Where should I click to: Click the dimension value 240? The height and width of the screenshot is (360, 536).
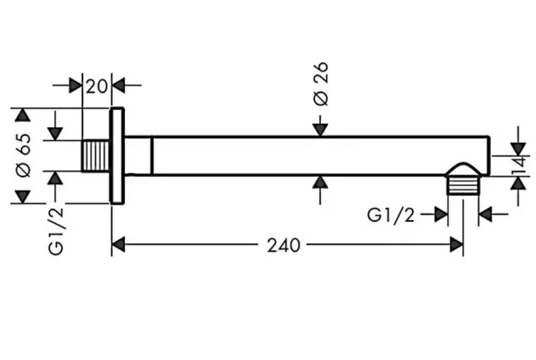283,245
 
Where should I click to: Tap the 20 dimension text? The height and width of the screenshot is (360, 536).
97,86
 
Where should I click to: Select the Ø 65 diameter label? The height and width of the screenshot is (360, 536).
24,155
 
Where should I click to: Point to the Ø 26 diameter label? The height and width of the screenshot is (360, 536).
320,84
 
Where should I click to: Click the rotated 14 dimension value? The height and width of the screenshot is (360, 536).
519,166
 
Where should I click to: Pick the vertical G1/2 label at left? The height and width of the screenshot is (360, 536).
56,231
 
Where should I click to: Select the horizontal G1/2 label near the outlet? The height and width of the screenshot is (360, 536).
391,215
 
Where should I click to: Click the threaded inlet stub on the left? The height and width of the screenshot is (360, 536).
95,155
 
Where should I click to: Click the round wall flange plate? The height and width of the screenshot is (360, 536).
117,156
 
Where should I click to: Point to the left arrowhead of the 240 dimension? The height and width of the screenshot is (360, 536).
118,245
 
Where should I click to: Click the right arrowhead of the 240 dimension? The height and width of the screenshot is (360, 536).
457,245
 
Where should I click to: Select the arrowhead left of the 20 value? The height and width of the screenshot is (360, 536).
76,85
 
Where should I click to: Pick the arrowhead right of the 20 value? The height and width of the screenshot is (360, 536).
118,85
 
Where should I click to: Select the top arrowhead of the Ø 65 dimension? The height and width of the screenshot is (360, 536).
23,115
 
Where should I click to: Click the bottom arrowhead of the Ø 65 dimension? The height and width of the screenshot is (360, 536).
23,197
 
